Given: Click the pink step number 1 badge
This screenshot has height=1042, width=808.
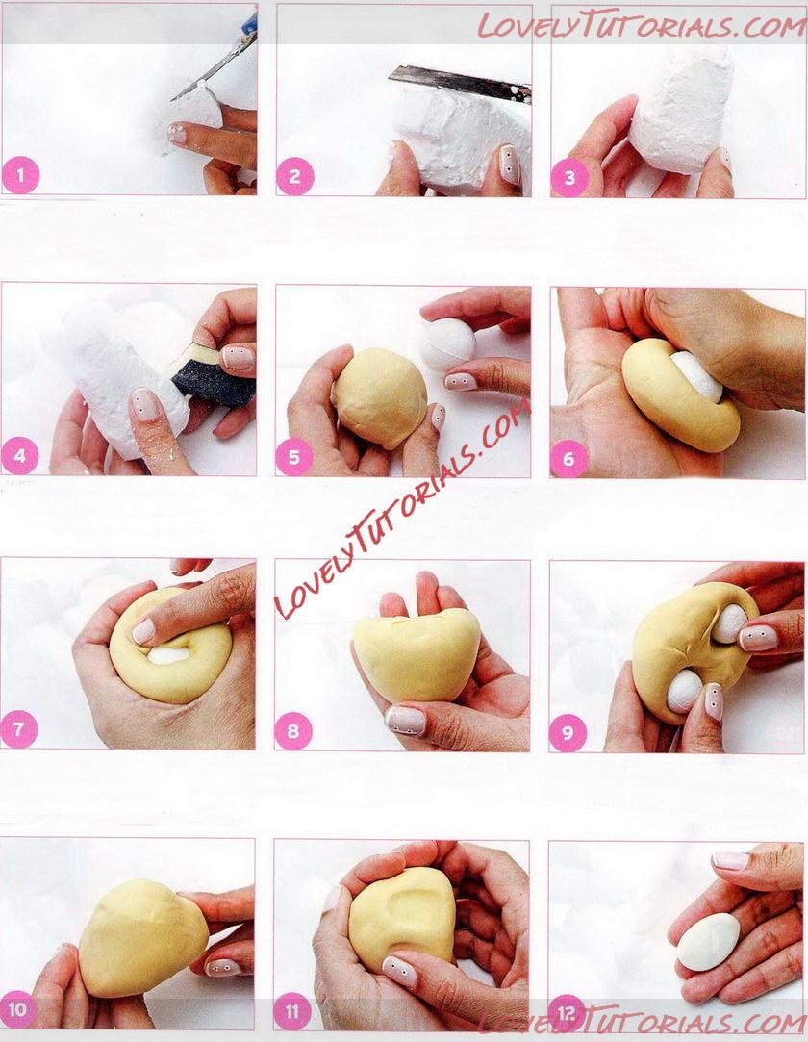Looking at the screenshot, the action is (20, 176).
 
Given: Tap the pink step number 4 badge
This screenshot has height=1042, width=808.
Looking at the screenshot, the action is (19, 457).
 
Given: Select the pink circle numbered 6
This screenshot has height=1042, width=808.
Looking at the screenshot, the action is (568, 459).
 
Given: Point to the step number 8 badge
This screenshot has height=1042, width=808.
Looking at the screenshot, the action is (293, 732).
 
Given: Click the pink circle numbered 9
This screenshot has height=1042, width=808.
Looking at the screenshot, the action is (568, 733).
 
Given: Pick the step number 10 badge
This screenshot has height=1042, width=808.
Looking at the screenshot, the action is (18, 1010).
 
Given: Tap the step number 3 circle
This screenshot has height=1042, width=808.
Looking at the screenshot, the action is (569, 178).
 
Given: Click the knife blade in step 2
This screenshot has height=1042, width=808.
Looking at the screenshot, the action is (460, 83).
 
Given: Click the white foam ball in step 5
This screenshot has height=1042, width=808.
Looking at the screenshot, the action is (448, 344).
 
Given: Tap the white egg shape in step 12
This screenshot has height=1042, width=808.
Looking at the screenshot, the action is (709, 942).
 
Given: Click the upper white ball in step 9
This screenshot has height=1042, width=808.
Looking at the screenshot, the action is (729, 623).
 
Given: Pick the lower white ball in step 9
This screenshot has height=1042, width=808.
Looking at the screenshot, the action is (685, 692).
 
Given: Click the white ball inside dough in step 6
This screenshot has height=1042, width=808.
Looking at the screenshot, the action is (696, 376).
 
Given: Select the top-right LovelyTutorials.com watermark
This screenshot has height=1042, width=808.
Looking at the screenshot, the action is (642, 26).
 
